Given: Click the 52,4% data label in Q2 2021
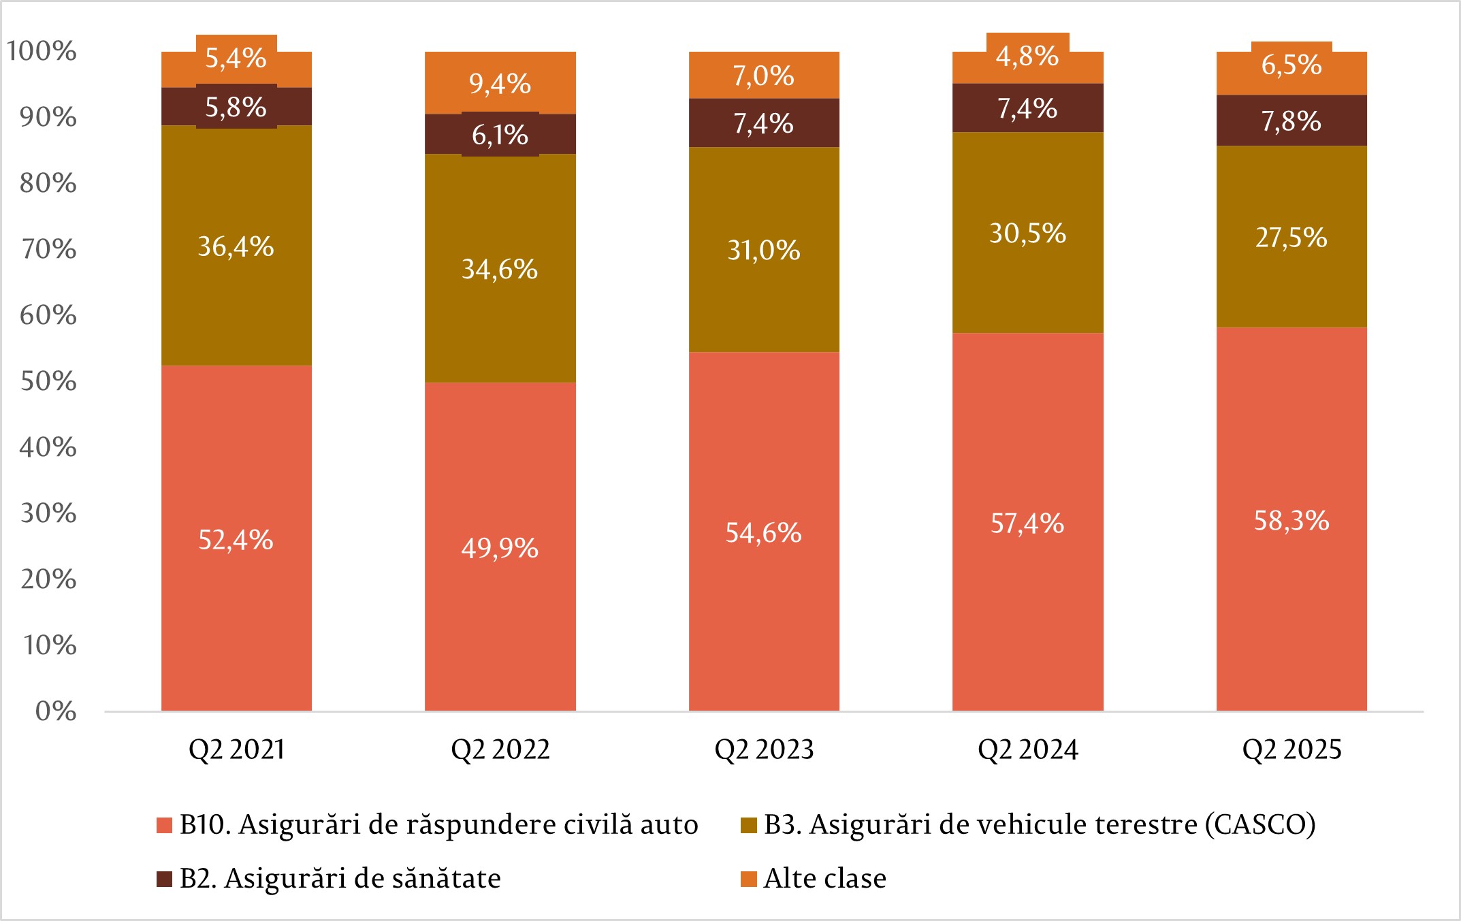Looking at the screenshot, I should coord(236,540).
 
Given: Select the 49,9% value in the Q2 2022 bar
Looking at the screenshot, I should coord(500,548).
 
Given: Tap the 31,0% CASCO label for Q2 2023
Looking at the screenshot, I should coord(763,250).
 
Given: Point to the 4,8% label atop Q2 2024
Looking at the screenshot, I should coord(1027,56).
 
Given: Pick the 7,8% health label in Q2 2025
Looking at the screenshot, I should coord(1291,121).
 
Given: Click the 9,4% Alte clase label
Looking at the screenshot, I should coord(500,84).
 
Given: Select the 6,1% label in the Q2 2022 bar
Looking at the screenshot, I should coord(500,135).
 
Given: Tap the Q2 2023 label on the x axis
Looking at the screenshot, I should coord(764,749).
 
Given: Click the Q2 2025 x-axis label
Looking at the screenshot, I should coord(1291,749).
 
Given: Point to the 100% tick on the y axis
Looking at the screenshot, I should coord(42,51).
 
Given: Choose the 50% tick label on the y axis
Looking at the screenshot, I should coord(48,381).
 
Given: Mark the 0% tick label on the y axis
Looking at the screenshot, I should coord(56,711).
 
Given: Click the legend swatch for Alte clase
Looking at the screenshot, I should coord(748,879).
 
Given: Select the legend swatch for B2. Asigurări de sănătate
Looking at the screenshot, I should coord(164,879).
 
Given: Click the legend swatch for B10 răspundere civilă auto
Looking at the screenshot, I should coord(164,825).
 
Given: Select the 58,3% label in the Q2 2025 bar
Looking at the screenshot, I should coord(1291,521).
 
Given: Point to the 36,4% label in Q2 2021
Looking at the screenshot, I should coord(236,246).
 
